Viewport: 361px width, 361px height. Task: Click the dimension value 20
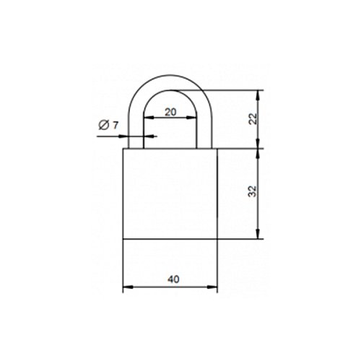point(170,112)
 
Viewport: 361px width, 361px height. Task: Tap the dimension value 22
point(253,118)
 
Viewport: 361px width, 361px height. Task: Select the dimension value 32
point(253,191)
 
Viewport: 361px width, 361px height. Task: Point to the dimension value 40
point(173,279)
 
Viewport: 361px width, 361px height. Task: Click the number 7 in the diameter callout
point(116,125)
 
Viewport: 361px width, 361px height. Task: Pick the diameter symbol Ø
point(104,125)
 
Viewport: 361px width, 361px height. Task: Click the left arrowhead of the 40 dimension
point(128,287)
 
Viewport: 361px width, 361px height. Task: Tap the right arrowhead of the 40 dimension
point(212,287)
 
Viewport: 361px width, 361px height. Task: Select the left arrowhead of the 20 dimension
point(149,118)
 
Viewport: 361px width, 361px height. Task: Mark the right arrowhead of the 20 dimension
point(191,118)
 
